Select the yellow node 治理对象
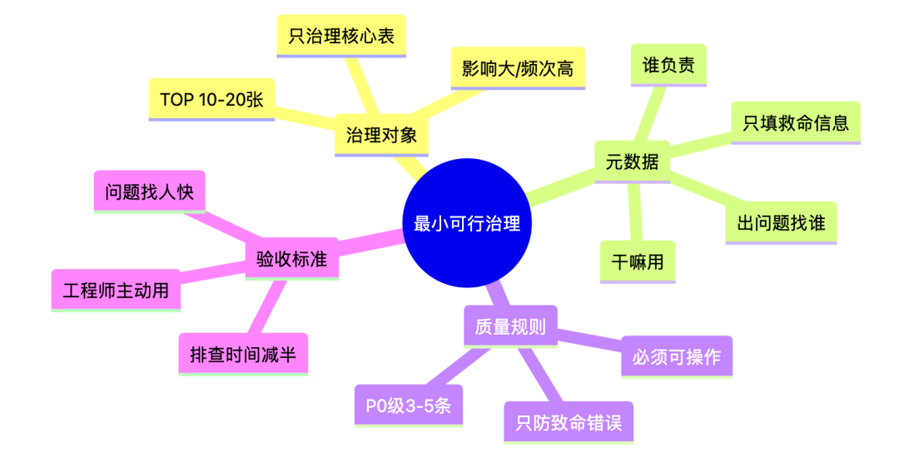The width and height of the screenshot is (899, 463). tap(381, 135)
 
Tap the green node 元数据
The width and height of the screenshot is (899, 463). tap(632, 162)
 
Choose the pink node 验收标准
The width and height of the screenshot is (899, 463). tap(291, 261)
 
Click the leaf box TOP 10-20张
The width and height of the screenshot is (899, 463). tap(211, 99)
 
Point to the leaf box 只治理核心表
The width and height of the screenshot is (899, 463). tap(341, 36)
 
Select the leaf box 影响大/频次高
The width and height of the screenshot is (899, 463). tap(518, 67)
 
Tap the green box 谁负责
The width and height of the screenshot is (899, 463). tap(668, 64)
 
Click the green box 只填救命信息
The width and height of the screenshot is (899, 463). tap(795, 123)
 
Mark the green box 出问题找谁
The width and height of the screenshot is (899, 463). tap(780, 222)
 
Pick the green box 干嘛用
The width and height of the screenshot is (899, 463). tap(638, 261)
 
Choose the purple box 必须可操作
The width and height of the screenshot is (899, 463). tap(677, 357)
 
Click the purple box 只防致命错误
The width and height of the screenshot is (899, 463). tap(569, 422)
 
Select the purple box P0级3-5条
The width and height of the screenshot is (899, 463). tap(408, 406)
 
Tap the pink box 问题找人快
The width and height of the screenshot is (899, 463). tap(149, 192)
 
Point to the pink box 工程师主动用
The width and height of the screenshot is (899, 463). tap(116, 291)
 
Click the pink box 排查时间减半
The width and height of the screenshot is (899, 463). tap(243, 355)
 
